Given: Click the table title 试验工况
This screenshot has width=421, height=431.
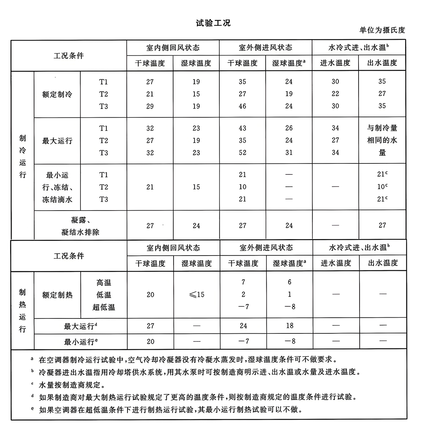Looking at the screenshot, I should point(213,23).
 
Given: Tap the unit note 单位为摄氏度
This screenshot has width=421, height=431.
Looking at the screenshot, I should point(382,30).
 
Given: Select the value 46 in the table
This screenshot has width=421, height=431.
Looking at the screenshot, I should point(242,106).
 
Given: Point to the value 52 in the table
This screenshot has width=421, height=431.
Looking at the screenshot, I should point(242,153).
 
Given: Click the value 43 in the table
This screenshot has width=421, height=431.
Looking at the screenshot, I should point(242,128).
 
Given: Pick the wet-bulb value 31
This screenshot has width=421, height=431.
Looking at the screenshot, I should point(289,153).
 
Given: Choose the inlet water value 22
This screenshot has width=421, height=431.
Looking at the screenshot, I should point(335,94).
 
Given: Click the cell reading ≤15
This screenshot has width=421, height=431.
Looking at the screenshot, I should point(197,295).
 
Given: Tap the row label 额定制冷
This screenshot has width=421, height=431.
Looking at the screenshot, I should point(57,94).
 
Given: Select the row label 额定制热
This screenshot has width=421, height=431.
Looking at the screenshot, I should point(57,295).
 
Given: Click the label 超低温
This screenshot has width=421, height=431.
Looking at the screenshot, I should point(104,307).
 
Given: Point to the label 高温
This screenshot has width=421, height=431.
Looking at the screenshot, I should point(104,283).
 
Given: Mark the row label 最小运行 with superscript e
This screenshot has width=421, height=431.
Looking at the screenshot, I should point(80,342).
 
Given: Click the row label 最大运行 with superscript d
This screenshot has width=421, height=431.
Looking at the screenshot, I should point(80,326).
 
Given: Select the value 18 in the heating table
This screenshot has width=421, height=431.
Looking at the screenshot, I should point(289,326).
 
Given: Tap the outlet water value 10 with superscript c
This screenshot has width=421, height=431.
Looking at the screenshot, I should point(382,187).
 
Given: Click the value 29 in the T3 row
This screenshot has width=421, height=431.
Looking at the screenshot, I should point(150,106).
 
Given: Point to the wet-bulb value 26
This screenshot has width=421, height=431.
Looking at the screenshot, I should point(289,128).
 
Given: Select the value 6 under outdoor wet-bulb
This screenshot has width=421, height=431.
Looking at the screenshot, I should point(289,282).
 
